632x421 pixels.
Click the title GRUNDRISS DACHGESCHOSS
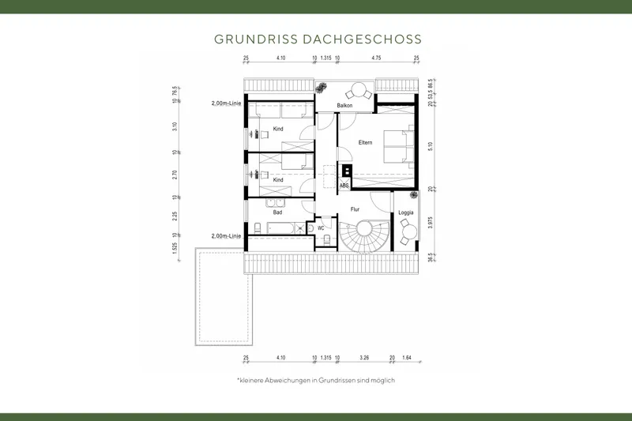pyautogui.click(x=316, y=39)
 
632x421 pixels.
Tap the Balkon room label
pyautogui.click(x=344, y=105)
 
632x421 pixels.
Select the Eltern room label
pyautogui.click(x=364, y=142)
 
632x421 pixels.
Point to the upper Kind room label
pyautogui.click(x=278, y=128)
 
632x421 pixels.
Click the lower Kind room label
pyautogui.click(x=278, y=179)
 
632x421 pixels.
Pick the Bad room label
pyautogui.click(x=277, y=212)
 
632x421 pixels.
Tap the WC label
pyautogui.click(x=322, y=227)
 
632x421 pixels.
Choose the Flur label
pyautogui.click(x=355, y=209)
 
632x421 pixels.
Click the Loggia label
pyautogui.click(x=406, y=213)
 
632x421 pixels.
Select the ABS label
pyautogui.click(x=344, y=185)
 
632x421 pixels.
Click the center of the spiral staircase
pyautogui.click(x=366, y=233)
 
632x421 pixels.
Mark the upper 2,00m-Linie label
pyautogui.click(x=226, y=103)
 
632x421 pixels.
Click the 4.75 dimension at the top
pyautogui.click(x=376, y=58)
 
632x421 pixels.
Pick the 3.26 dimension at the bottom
pyautogui.click(x=365, y=357)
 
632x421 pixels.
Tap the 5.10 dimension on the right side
pyautogui.click(x=430, y=146)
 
